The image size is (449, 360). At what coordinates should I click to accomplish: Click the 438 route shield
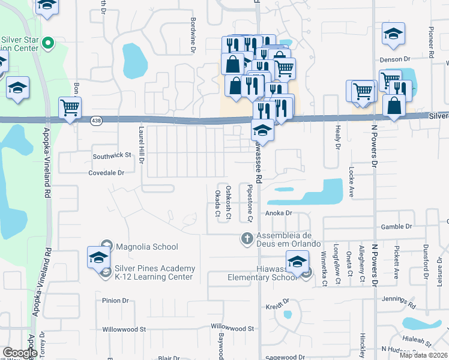point(96,121)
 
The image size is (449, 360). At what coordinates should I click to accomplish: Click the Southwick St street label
point(112,155)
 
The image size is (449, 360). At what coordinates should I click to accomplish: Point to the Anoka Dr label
point(278,213)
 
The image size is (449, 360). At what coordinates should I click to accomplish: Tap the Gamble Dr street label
point(396,227)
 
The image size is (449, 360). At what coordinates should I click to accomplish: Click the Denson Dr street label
point(394,59)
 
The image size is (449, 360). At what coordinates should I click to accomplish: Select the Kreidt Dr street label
point(279,301)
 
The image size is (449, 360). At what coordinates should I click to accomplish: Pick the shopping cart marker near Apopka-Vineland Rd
point(70,108)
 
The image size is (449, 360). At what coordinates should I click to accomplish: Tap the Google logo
point(20,353)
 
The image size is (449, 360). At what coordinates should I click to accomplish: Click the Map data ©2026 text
point(424,355)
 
